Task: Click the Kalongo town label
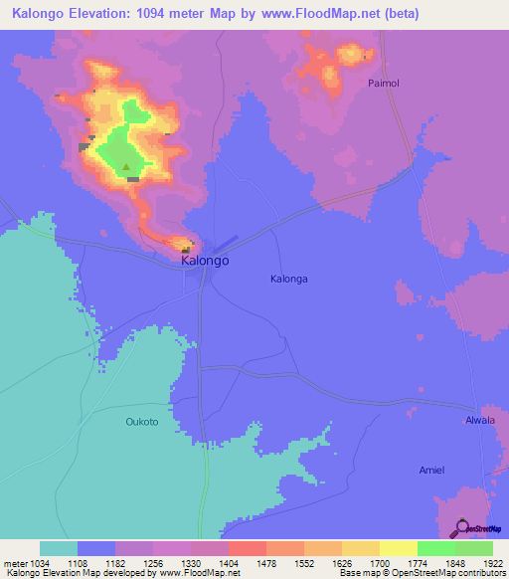pos(206,261)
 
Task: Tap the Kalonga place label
pos(289,280)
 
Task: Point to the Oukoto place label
pos(142,422)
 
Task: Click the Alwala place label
pos(480,421)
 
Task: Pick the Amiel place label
pos(431,470)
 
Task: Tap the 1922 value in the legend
pos(494,561)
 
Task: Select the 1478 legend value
pos(265,561)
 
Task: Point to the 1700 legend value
pos(380,561)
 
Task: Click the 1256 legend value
pos(153,561)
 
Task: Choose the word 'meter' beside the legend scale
pos(15,561)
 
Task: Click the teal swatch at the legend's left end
pos(59,548)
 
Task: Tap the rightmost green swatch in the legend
pos(474,548)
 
